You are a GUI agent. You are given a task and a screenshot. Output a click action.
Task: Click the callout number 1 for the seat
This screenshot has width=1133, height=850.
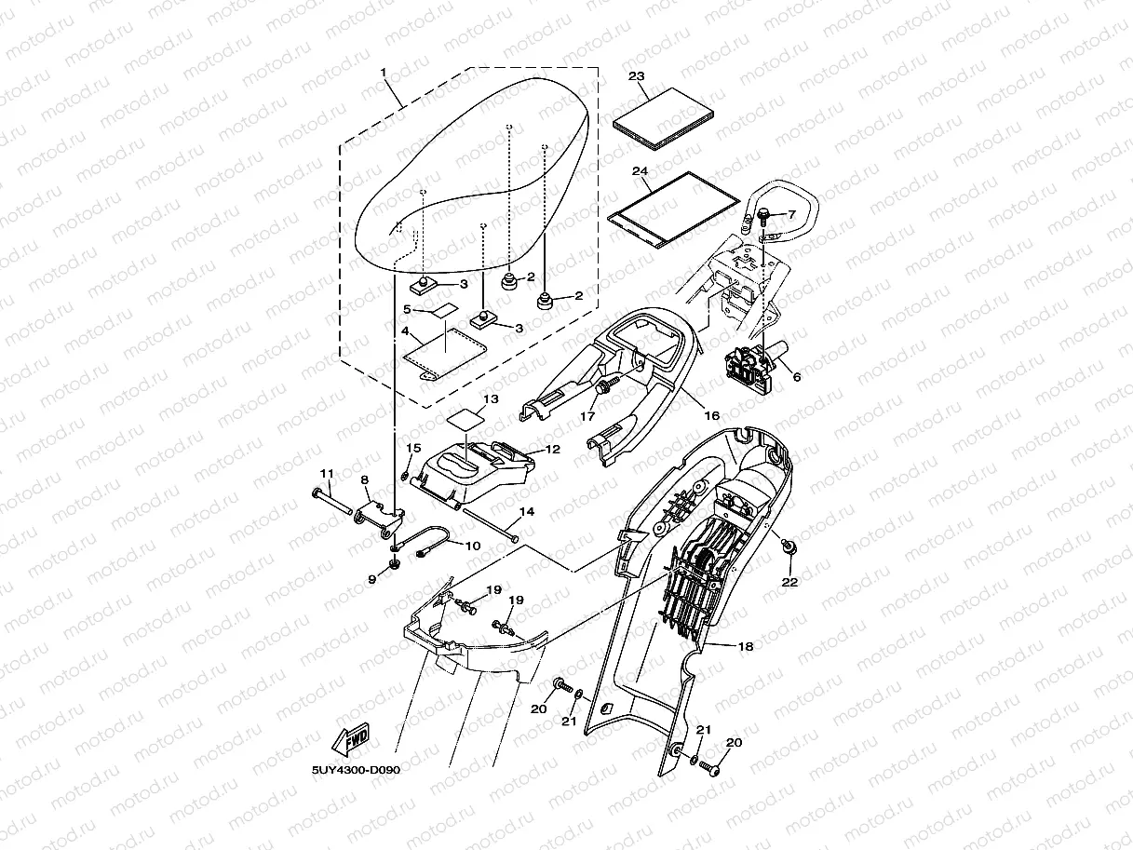383,72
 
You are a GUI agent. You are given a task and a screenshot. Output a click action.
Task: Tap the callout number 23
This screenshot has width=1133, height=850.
637,76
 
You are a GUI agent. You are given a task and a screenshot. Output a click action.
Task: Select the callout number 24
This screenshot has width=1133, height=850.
639,171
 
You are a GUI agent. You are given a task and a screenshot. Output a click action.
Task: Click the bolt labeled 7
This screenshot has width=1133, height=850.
763,217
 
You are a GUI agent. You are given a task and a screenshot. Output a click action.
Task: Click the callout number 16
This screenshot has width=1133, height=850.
710,415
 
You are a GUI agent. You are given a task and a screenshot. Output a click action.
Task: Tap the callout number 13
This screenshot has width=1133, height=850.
491,398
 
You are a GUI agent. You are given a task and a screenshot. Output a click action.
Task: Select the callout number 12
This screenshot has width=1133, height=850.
552,449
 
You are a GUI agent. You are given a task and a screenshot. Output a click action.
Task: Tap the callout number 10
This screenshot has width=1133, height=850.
472,546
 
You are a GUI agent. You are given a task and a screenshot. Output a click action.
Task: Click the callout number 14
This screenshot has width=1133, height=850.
526,512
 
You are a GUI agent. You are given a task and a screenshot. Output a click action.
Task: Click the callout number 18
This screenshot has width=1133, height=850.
745,645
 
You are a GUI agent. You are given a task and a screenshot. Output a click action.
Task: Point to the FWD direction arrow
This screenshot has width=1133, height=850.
353,740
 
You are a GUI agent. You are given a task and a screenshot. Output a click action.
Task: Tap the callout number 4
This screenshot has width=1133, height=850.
405,331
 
